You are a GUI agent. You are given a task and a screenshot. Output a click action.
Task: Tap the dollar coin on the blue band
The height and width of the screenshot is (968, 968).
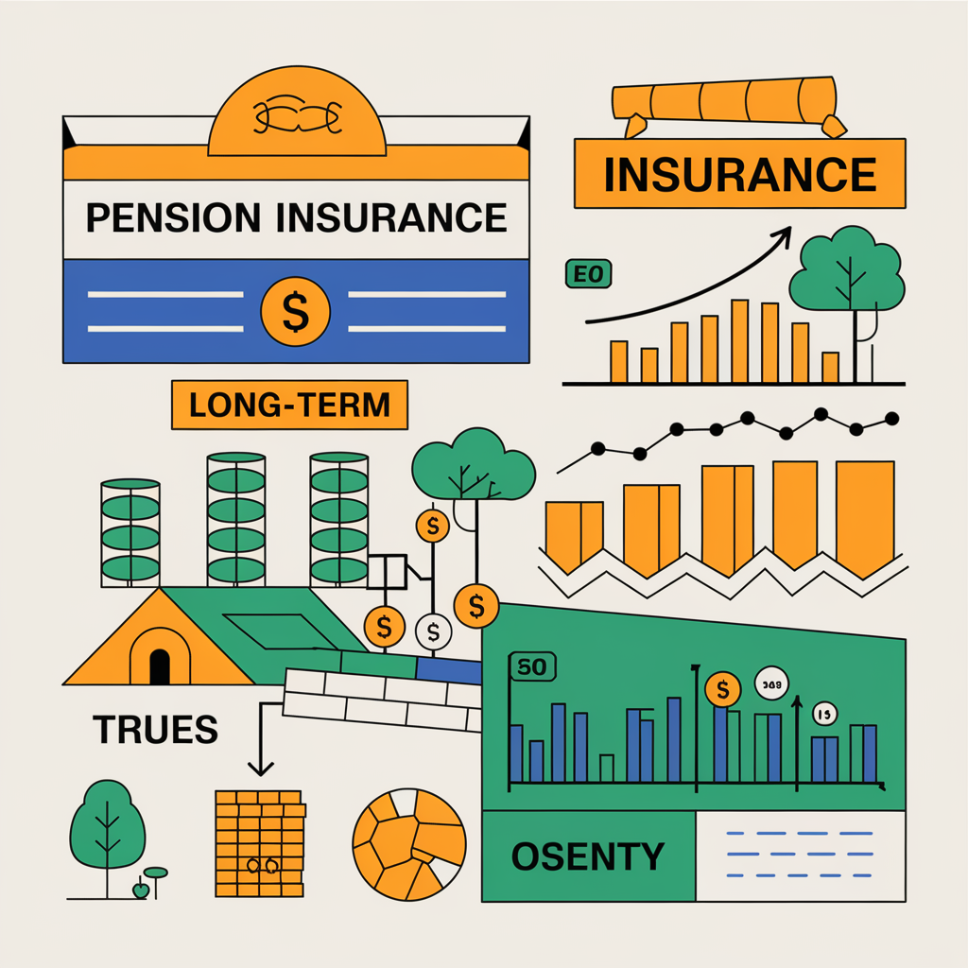point(295,311)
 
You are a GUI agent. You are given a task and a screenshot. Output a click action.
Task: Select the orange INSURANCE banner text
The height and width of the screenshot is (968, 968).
point(739,174)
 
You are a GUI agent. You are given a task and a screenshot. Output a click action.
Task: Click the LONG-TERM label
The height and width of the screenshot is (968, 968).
point(289,405)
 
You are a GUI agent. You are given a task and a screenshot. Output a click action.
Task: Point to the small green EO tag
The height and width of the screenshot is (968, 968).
point(588,275)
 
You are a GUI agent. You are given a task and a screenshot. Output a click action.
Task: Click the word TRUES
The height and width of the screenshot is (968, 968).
point(155,728)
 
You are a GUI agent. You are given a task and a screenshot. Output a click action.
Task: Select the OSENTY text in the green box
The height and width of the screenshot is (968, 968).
point(587,856)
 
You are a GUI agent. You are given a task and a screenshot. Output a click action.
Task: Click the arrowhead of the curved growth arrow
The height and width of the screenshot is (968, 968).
point(784,233)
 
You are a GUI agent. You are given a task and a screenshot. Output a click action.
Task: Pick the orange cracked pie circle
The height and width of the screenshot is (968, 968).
point(408,843)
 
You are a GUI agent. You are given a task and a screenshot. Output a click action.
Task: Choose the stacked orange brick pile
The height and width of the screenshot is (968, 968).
point(258,843)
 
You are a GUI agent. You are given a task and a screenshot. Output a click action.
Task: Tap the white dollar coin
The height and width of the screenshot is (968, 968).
point(434,628)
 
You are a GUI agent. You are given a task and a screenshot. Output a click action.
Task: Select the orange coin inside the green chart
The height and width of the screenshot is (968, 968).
point(722,689)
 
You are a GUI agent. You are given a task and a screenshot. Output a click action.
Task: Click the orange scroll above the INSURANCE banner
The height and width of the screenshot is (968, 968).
point(723,99)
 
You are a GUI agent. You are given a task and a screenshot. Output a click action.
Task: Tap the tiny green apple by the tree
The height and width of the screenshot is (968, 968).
point(141,889)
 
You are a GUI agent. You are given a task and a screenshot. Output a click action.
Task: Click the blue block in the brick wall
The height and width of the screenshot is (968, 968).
point(448,670)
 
